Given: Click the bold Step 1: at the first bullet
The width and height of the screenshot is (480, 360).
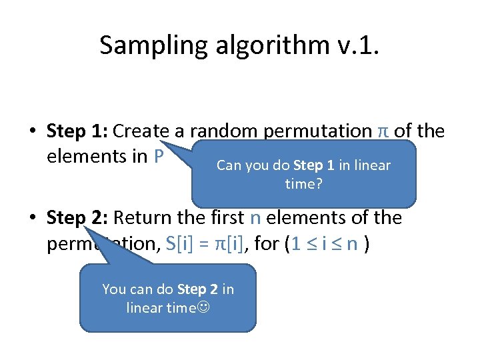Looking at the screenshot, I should point(77,131).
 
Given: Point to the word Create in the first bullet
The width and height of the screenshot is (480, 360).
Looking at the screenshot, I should point(143,131).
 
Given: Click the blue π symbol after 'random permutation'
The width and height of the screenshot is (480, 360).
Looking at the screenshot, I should point(383,131).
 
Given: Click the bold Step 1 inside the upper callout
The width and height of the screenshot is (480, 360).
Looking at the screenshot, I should point(313,165).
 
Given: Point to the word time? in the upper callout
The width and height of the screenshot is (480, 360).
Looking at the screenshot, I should point(304,183).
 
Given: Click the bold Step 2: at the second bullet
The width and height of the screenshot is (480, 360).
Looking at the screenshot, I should point(77,218).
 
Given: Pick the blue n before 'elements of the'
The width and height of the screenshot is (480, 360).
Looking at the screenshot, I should point(255,218).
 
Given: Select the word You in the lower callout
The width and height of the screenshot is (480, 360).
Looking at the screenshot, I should point(113,289).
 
